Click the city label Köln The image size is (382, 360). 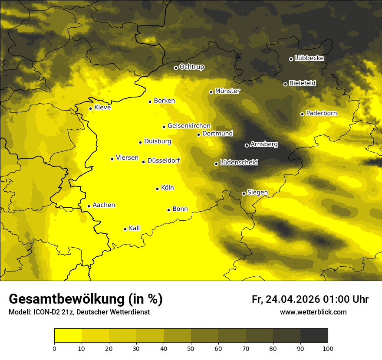168,188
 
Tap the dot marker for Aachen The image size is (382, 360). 89,206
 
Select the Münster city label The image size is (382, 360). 227,91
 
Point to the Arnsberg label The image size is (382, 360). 264,144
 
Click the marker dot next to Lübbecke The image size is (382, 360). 291,59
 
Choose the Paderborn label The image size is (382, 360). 321,113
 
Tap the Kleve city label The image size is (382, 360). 102,108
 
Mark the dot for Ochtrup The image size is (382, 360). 176,68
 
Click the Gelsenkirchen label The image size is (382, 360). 189,126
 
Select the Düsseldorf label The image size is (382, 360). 164,161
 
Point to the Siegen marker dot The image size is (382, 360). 244,193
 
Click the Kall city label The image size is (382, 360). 134,228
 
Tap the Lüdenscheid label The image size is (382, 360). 239,163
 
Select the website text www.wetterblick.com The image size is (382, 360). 313,312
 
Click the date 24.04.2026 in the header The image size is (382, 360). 293,299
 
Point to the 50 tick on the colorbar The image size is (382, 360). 191,348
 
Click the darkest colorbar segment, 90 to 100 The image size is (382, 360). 314,336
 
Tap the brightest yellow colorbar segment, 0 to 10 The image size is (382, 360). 68,336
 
